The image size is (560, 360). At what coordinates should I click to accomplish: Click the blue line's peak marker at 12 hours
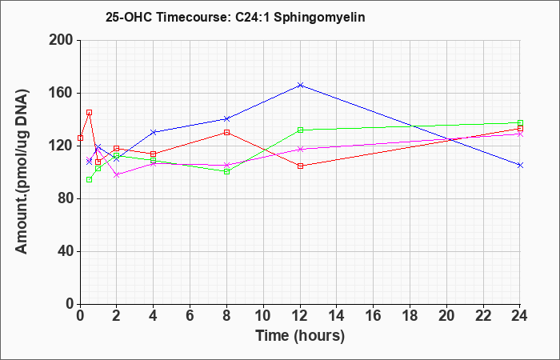point(300,86)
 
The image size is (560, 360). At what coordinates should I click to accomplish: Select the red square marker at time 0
point(80,138)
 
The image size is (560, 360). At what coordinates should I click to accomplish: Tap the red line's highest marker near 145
point(90,113)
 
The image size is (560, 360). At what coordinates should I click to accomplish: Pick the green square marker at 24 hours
point(520,123)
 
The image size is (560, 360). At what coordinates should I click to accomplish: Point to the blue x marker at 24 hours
point(520,166)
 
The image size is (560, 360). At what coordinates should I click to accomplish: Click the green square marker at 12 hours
point(300,130)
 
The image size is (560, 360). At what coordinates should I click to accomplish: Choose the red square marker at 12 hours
point(300,166)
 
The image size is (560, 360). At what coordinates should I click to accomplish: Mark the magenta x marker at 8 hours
point(226,166)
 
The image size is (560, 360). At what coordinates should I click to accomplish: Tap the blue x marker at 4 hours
point(154,133)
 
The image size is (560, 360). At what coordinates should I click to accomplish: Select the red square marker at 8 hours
point(226,133)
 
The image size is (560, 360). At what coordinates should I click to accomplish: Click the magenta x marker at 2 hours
point(117,175)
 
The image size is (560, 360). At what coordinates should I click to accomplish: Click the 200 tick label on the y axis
point(60,40)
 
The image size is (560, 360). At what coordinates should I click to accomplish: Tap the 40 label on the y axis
point(64,251)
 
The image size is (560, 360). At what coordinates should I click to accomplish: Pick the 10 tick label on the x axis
point(263,316)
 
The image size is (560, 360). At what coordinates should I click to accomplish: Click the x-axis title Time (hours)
point(300,336)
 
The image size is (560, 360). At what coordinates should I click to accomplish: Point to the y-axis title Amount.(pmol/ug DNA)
point(22,172)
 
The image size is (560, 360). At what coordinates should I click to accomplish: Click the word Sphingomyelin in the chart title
point(320,18)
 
